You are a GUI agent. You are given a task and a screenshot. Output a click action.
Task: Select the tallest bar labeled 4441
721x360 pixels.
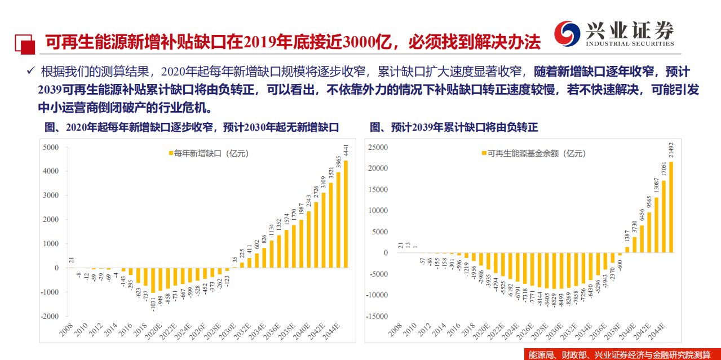pyautogui.click(x=346, y=214)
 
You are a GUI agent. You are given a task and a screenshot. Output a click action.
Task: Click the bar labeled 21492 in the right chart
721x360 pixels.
pyautogui.click(x=671, y=207)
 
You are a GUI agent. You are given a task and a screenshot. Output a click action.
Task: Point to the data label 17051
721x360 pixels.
pyautogui.click(x=664, y=169)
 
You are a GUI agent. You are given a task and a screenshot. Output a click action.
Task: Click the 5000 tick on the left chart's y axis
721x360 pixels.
pyautogui.click(x=50, y=147)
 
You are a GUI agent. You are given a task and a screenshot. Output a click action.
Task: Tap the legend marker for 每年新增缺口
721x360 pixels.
pyautogui.click(x=170, y=153)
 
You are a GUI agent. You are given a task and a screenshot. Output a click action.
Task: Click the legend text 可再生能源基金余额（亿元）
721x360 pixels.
pyautogui.click(x=536, y=153)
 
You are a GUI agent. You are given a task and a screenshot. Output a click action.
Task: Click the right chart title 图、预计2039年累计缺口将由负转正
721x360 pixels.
pyautogui.click(x=454, y=127)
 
